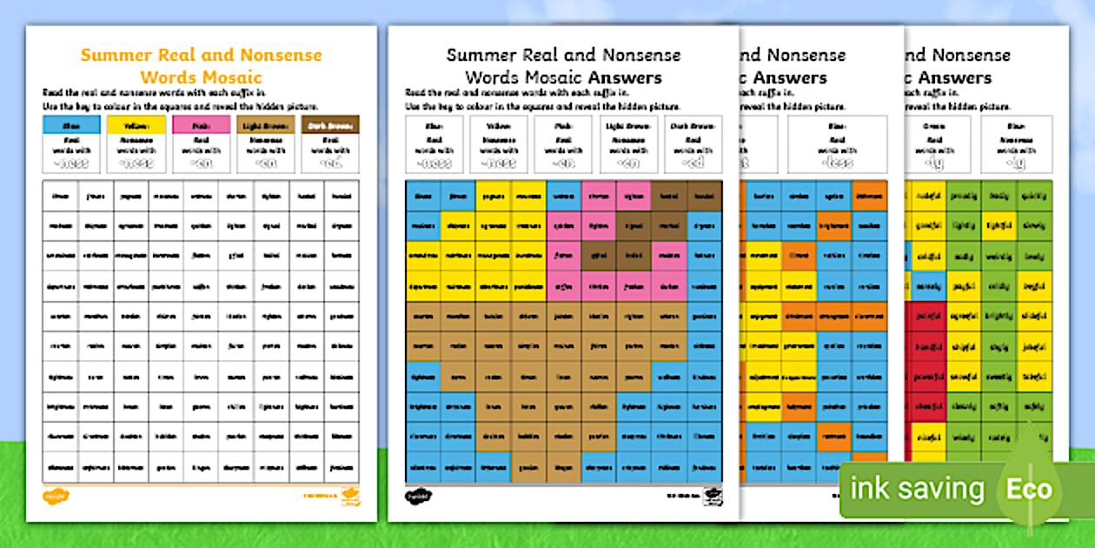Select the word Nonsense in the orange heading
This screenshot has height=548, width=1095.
[279, 55]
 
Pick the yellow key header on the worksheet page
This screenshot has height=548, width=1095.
[136, 125]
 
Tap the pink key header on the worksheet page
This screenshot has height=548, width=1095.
[201, 125]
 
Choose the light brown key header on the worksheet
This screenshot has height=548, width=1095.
[265, 125]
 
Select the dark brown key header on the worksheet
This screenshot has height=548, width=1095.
[329, 125]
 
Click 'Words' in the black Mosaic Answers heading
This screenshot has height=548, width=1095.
[491, 77]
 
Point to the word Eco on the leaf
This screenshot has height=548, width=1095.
[1030, 489]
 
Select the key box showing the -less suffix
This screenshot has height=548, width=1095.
[837, 144]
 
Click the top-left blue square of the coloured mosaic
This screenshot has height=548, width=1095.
[423, 196]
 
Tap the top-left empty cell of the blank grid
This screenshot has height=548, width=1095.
[60, 196]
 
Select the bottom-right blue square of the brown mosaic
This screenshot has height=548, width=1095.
[705, 467]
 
